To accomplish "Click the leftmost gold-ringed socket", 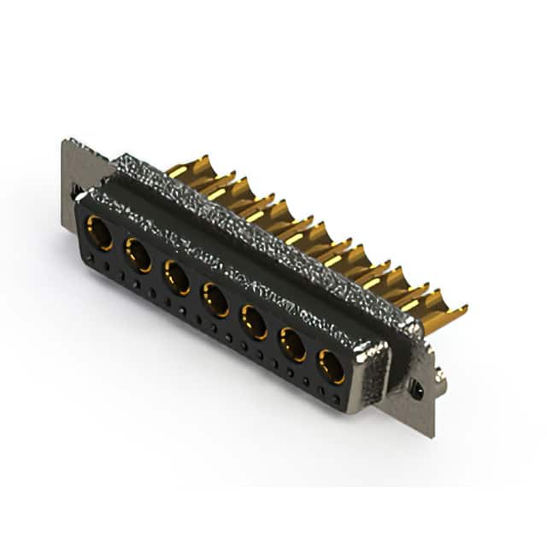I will pyautogui.click(x=99, y=232).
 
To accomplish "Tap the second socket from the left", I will pyautogui.click(x=138, y=255).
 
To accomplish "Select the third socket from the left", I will pyautogui.click(x=177, y=277).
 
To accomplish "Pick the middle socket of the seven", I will pyautogui.click(x=215, y=299).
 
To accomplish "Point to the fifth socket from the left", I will pyautogui.click(x=254, y=321).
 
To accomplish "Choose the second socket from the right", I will pyautogui.click(x=292, y=344).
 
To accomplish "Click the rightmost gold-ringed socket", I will pyautogui.click(x=332, y=367).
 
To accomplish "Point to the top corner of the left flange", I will pyautogui.click(x=65, y=140).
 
